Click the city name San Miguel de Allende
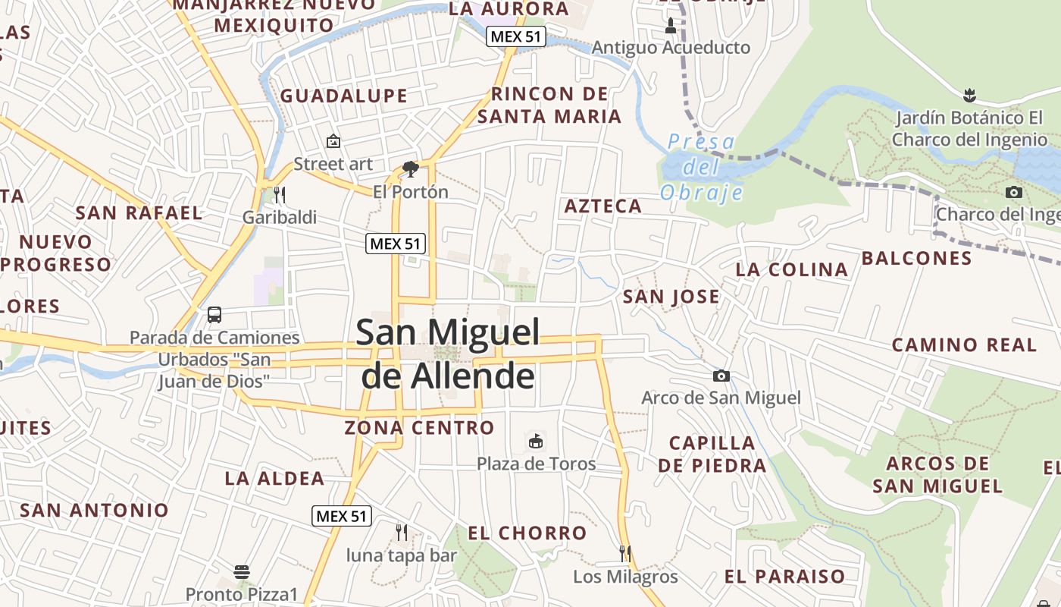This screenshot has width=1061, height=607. [x=448, y=354]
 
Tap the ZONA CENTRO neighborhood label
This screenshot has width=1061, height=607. [x=419, y=428]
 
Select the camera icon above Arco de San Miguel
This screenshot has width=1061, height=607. [x=721, y=376]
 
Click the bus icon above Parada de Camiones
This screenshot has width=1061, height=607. [x=214, y=314]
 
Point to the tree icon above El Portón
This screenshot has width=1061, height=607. [x=411, y=168]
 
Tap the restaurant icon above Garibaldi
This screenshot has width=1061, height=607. [x=279, y=195]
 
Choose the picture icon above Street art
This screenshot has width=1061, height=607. [x=333, y=140]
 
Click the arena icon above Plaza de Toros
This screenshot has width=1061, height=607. [x=536, y=441]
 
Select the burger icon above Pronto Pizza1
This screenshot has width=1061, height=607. [x=242, y=571]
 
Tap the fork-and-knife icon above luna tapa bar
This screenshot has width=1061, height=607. [x=402, y=533]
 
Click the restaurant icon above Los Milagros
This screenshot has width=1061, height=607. [x=625, y=553]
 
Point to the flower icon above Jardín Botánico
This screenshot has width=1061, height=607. [x=969, y=96]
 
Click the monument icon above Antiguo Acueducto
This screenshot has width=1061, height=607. [x=670, y=26]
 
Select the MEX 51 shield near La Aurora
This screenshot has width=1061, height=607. [x=516, y=36]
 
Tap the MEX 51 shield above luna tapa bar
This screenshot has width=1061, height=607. [x=342, y=516]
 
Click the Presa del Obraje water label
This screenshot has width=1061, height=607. [x=701, y=167]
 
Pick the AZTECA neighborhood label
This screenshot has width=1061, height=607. [x=603, y=206]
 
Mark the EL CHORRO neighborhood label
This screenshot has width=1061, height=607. [x=527, y=533]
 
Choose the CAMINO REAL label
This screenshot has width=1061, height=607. [x=964, y=345]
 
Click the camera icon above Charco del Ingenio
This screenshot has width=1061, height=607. [x=1014, y=193]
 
